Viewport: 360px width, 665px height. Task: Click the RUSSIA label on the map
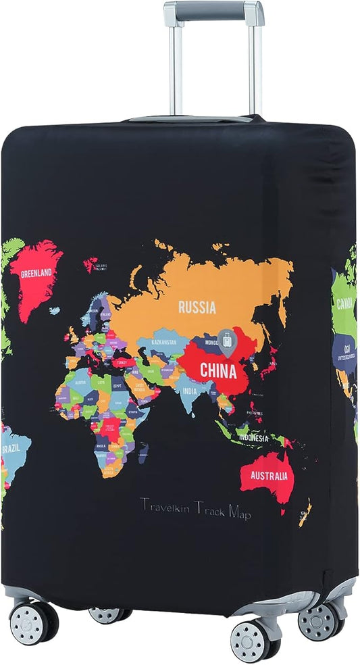point(197,307)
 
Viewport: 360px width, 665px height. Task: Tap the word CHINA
point(218,371)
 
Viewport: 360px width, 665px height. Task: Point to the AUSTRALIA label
point(269,475)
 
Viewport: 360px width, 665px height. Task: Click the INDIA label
point(190,391)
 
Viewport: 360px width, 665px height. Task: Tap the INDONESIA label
point(252,438)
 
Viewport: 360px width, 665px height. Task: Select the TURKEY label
point(121,362)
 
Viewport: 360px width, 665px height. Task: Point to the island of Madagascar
point(143,452)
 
